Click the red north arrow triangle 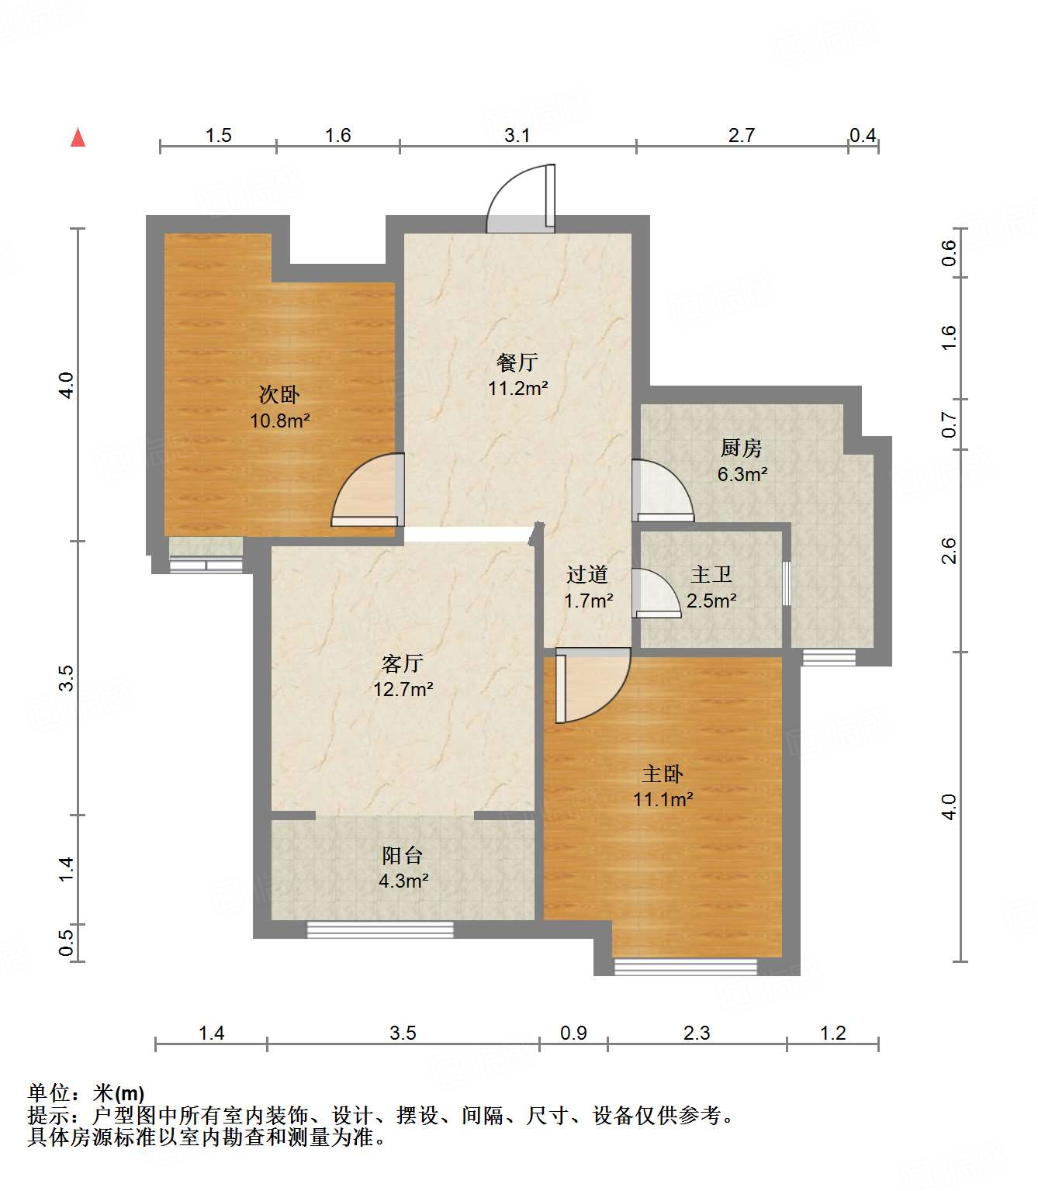[78, 137]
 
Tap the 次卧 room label [279, 395]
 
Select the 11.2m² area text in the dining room [518, 388]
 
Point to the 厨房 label [742, 448]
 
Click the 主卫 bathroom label [711, 574]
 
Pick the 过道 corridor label [587, 574]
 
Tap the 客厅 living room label [403, 663]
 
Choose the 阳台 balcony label [403, 855]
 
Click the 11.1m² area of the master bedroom [663, 799]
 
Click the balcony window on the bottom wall [380, 930]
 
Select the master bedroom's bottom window [686, 967]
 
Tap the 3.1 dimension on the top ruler [517, 136]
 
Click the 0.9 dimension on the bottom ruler [573, 1033]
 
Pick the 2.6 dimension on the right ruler [948, 551]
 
